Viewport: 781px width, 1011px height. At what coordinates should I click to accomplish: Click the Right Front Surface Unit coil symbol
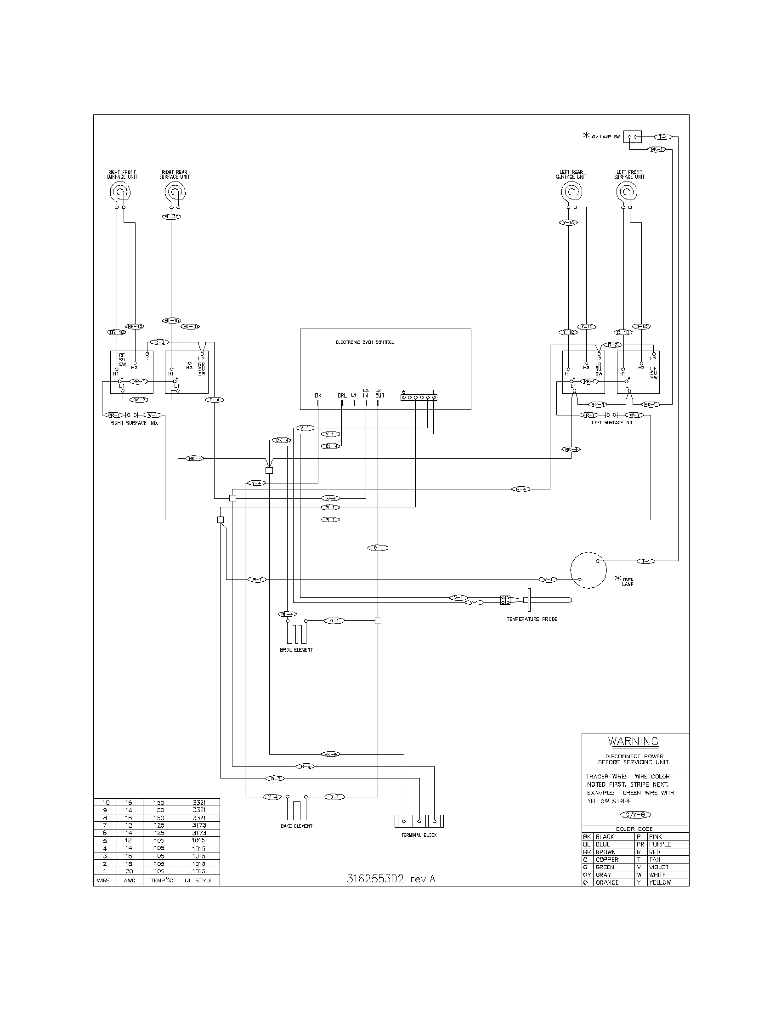[120, 192]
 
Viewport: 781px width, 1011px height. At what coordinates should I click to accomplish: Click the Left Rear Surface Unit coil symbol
[572, 192]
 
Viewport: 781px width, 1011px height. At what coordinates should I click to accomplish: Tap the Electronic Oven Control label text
[365, 342]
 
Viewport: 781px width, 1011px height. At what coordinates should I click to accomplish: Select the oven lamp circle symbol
[588, 570]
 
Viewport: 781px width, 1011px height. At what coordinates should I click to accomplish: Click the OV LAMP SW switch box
[633, 137]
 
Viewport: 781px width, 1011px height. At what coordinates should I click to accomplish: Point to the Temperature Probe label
[532, 619]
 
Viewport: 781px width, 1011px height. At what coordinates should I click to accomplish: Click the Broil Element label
[296, 649]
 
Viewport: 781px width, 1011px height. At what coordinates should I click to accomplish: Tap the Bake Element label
[297, 826]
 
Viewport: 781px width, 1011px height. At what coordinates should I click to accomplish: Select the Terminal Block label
[419, 835]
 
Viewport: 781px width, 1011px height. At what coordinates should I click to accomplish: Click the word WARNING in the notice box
[633, 741]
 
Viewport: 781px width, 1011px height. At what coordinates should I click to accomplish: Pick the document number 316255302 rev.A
[391, 879]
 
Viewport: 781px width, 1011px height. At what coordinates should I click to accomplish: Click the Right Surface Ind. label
[134, 423]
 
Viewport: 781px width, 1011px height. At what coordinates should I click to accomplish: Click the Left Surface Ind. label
[612, 423]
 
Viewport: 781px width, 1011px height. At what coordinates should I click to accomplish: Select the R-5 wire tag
[305, 767]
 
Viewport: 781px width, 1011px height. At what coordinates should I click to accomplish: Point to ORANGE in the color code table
[606, 882]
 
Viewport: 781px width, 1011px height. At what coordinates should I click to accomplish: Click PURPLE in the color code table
[659, 844]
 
